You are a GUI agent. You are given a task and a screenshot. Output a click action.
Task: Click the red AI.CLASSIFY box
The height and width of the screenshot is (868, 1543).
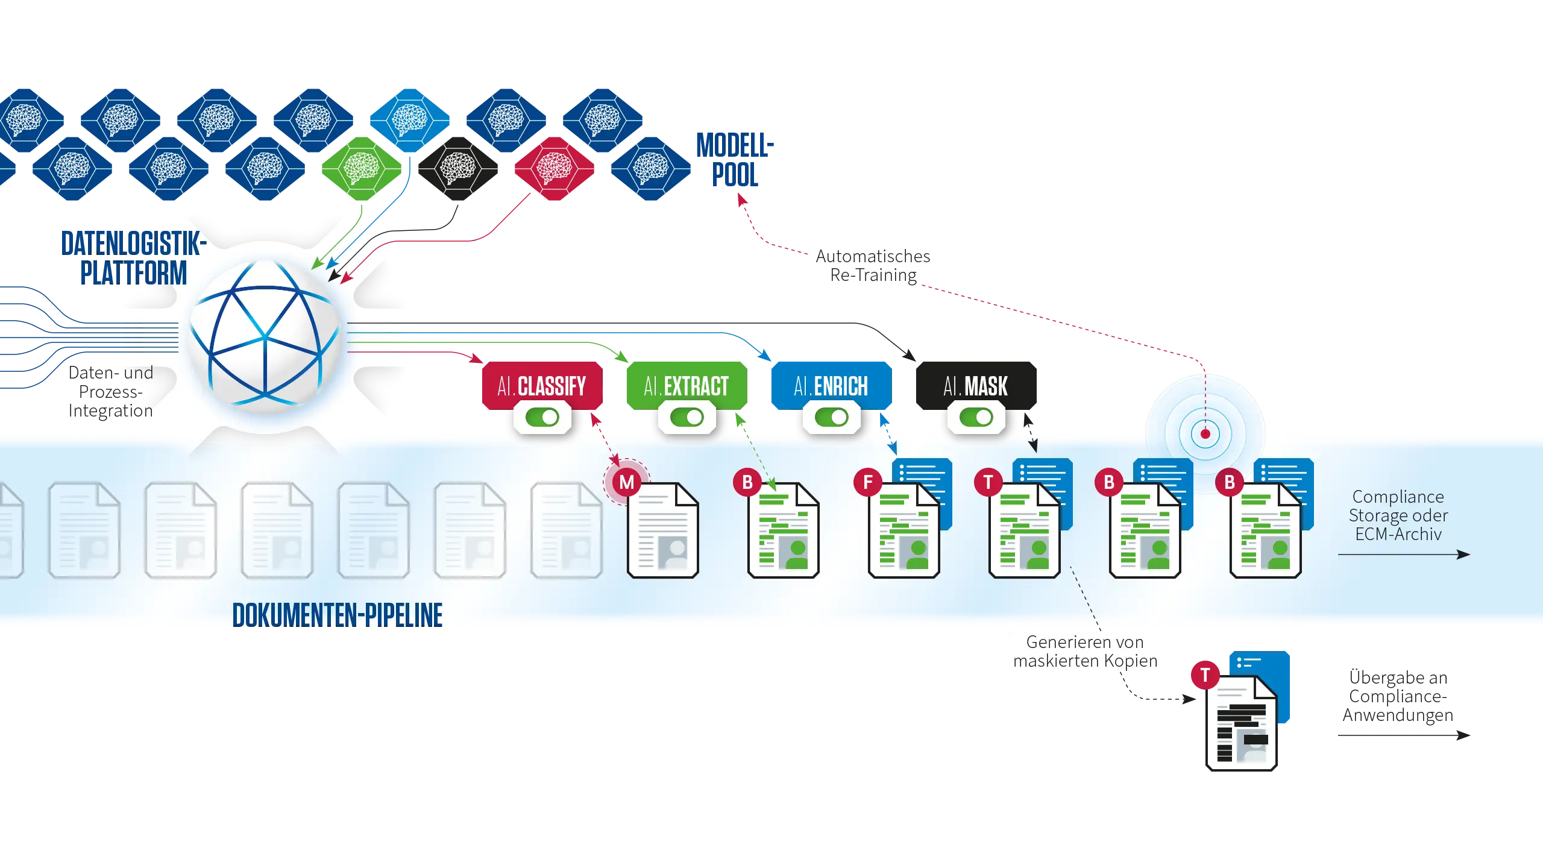pyautogui.click(x=541, y=386)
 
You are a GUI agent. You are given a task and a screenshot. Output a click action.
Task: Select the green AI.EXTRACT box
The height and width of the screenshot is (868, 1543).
pyautogui.click(x=686, y=386)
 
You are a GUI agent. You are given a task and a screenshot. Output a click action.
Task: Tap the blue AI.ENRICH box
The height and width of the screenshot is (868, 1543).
pyautogui.click(x=831, y=386)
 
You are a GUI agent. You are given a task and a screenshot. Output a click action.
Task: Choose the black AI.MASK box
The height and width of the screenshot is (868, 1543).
pyautogui.click(x=975, y=386)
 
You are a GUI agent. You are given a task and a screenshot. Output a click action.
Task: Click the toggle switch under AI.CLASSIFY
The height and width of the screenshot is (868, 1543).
pyautogui.click(x=542, y=417)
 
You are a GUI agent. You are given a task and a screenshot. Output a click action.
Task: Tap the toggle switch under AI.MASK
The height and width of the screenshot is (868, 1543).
pyautogui.click(x=976, y=417)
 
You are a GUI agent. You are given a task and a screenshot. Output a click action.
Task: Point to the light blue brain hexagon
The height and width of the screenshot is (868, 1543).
pyautogui.click(x=409, y=119)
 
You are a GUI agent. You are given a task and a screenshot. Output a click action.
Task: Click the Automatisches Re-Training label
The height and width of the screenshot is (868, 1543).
pyautogui.click(x=872, y=266)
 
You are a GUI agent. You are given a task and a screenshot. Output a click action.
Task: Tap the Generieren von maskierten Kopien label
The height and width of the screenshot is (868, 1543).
pyautogui.click(x=1086, y=652)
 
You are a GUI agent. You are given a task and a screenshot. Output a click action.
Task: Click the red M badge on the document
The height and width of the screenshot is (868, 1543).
pyautogui.click(x=627, y=482)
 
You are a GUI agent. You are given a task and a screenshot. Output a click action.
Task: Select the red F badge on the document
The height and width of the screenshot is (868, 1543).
pyautogui.click(x=868, y=482)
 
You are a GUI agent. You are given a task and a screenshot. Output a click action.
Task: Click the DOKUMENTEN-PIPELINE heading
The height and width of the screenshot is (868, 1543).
pyautogui.click(x=338, y=615)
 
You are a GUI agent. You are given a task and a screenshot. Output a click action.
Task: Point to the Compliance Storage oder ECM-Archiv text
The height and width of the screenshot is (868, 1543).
pyautogui.click(x=1398, y=515)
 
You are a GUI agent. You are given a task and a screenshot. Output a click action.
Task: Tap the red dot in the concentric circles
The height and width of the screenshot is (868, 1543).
pyautogui.click(x=1205, y=433)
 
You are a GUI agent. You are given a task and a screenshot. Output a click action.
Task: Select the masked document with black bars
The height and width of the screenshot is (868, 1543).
pyautogui.click(x=1242, y=723)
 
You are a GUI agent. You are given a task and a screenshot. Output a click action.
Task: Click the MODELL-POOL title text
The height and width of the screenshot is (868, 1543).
pyautogui.click(x=735, y=160)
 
